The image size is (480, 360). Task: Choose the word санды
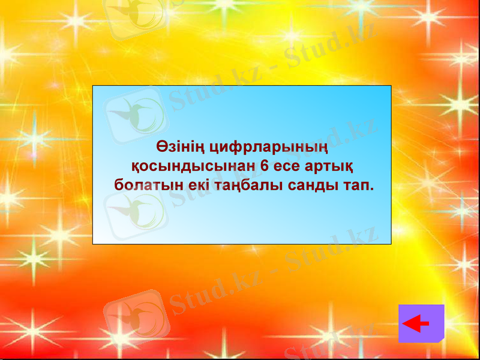tap(311, 184)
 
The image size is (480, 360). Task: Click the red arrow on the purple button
tap(416, 324)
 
